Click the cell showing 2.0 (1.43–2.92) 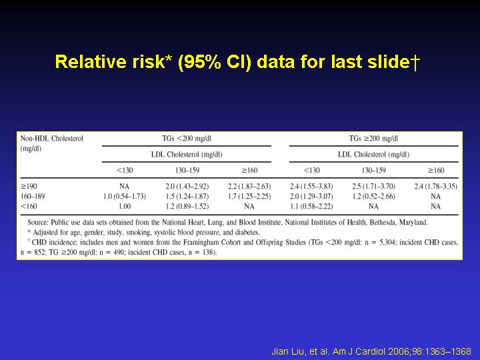[x=187, y=187]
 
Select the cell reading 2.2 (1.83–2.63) [x=249, y=187]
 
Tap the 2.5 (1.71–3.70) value [x=373, y=187]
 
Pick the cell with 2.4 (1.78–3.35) [x=435, y=187]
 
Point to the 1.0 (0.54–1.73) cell [x=125, y=196]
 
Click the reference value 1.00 [x=125, y=206]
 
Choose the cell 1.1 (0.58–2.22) [x=311, y=206]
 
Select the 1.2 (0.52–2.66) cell [x=373, y=196]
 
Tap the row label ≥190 [x=29, y=187]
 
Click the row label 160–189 [x=33, y=196]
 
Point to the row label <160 [x=29, y=206]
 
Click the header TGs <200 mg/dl [x=187, y=139]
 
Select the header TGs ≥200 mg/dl [x=373, y=139]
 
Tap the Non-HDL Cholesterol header [x=52, y=139]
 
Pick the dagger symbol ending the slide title [x=415, y=62]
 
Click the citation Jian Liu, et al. [x=301, y=351]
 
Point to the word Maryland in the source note [x=413, y=223]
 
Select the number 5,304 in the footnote [x=387, y=243]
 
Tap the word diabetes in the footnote [x=247, y=233]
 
